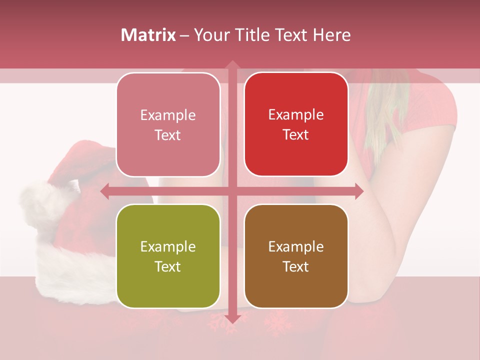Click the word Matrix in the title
click(x=148, y=35)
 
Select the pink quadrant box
click(x=168, y=124)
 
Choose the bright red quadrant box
click(x=296, y=124)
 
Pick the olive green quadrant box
click(x=168, y=256)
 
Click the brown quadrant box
click(x=296, y=256)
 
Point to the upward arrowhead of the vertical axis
click(x=232, y=65)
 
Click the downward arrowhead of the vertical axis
click(x=232, y=319)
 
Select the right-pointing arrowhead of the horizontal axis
click(x=359, y=191)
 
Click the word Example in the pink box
click(x=168, y=115)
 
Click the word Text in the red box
click(x=296, y=135)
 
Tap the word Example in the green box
click(x=168, y=247)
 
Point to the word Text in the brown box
click(x=296, y=266)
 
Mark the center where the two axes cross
click(x=232, y=191)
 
